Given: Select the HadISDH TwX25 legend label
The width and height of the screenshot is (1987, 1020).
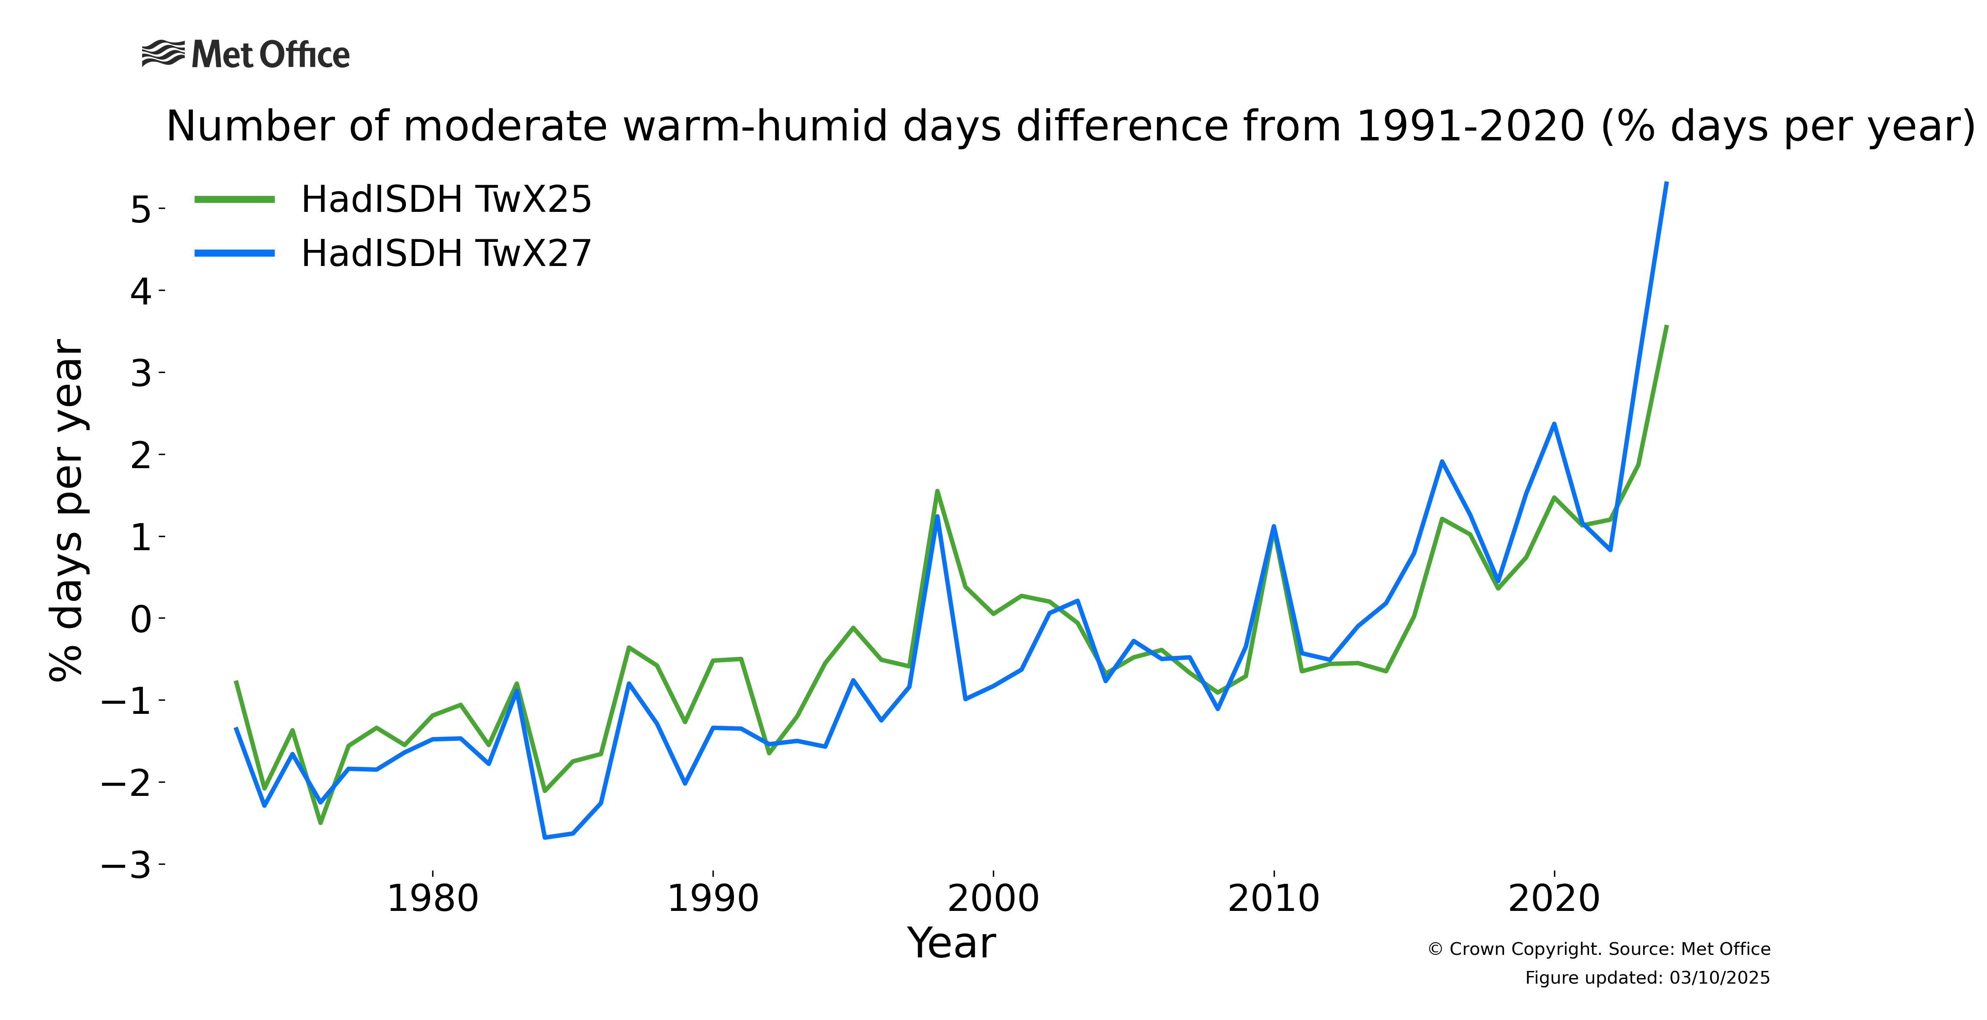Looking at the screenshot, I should pyautogui.click(x=446, y=200).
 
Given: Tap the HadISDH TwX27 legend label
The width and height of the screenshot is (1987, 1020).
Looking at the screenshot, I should pyautogui.click(x=446, y=254).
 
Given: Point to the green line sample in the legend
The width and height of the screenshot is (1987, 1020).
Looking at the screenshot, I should pyautogui.click(x=235, y=200).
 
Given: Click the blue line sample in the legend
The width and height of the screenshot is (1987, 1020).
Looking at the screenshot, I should pyautogui.click(x=235, y=253).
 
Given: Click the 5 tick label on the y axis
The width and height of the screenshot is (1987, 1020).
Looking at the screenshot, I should pyautogui.click(x=141, y=209).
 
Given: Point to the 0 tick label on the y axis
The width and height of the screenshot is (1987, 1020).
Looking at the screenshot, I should pyautogui.click(x=141, y=619).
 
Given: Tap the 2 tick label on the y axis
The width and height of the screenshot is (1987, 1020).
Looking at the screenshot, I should pyautogui.click(x=141, y=455).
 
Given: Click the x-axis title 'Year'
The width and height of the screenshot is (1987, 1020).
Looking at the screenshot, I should pyautogui.click(x=951, y=943).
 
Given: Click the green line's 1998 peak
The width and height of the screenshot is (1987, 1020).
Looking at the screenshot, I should pyautogui.click(x=937, y=491).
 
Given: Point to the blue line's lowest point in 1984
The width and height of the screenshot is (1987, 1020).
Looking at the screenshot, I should pyautogui.click(x=545, y=837).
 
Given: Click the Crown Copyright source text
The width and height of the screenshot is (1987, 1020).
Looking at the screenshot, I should pyautogui.click(x=1598, y=949).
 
